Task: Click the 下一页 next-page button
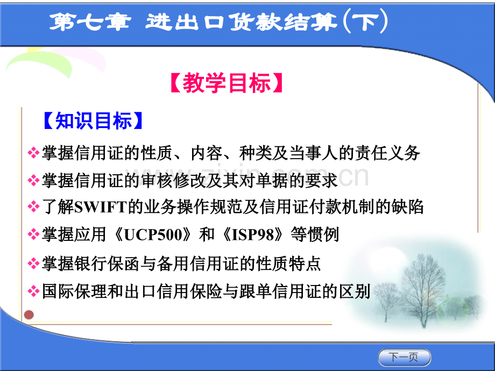pyautogui.click(x=405, y=358)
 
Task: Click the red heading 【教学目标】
pyautogui.click(x=227, y=83)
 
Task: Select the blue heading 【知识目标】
pyautogui.click(x=94, y=121)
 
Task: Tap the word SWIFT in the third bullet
pyautogui.click(x=101, y=207)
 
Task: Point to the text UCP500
pyautogui.click(x=154, y=235)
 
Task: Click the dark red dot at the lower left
pyautogui.click(x=29, y=315)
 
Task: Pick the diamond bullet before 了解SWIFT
pyautogui.click(x=33, y=207)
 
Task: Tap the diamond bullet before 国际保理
pyautogui.click(x=33, y=291)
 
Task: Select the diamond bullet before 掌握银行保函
pyautogui.click(x=33, y=263)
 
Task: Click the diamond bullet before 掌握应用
pyautogui.click(x=33, y=235)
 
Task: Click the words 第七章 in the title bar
pyautogui.click(x=90, y=23)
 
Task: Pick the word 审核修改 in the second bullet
pyautogui.click(x=173, y=181)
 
